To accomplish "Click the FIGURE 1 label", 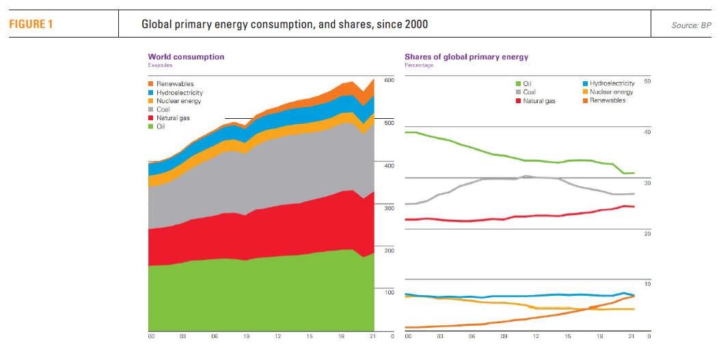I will click(30, 25).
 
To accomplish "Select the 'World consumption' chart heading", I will click(186, 57).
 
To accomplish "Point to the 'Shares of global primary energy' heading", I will click(466, 57).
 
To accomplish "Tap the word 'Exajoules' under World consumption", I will click(160, 65).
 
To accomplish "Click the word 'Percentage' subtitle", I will click(419, 65).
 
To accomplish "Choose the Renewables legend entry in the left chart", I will click(176, 84).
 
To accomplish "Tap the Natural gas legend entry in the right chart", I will click(537, 100).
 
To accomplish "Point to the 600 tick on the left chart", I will click(390, 81).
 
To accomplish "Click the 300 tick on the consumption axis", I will click(390, 208).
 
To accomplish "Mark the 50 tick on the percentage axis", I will click(648, 81).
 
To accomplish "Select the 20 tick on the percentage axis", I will click(648, 234).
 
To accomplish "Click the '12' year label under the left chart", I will click(278, 337).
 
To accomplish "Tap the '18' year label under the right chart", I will click(600, 337).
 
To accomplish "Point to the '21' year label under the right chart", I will click(632, 337).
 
